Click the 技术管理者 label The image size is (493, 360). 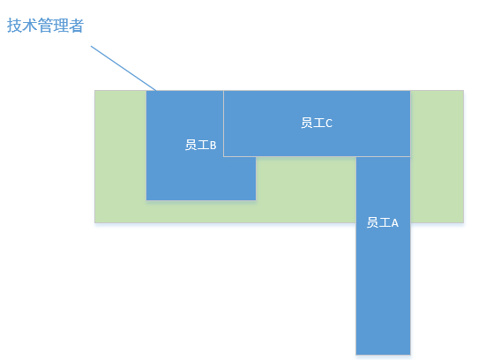[45, 26]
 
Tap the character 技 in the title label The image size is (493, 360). [14, 26]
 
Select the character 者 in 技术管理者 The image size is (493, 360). [77, 26]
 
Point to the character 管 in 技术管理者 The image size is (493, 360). [45, 26]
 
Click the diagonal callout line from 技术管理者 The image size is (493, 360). [123, 68]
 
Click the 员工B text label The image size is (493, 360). [200, 145]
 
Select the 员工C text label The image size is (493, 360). [317, 123]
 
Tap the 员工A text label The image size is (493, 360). [383, 222]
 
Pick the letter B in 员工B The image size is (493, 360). [213, 146]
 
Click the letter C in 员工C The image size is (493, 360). [329, 123]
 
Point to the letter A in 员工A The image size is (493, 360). [395, 223]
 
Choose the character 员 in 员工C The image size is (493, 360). [307, 123]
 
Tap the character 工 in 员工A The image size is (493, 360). [385, 222]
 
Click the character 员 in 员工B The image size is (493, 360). [190, 145]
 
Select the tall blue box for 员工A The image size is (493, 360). [383, 256]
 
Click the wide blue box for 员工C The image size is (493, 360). [317, 124]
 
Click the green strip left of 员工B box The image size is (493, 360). [121, 156]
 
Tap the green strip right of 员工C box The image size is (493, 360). [437, 156]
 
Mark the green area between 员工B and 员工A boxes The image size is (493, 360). [306, 190]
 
